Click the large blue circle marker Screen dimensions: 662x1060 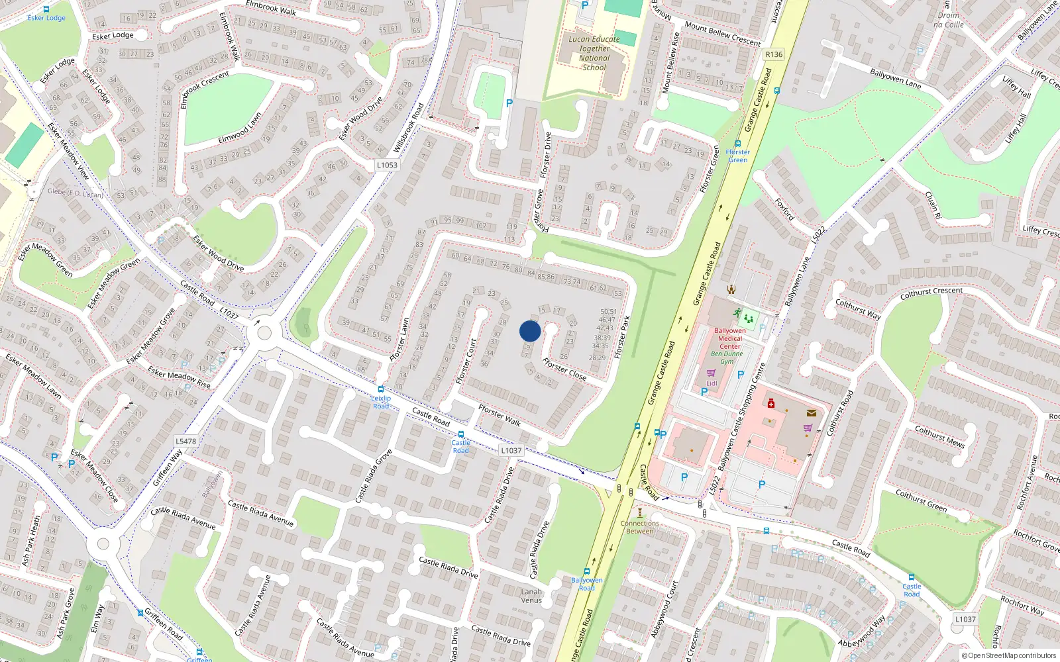tap(530, 331)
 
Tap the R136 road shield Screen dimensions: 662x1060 tap(773, 54)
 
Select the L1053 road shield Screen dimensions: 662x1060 tap(387, 165)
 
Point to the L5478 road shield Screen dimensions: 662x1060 tap(185, 441)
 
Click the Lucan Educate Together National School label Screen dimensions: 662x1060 tap(594, 53)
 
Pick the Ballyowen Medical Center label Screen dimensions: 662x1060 tap(729, 338)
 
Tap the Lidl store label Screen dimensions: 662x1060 tap(712, 383)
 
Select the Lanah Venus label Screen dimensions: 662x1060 tap(531, 596)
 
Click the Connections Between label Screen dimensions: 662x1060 tap(639, 527)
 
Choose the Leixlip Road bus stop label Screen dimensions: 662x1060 tap(381, 402)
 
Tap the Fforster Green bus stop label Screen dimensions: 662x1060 tap(737, 156)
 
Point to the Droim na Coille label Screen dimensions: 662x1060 tap(948, 20)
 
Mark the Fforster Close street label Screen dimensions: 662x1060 tap(564, 369)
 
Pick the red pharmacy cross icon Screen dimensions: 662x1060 tap(771, 402)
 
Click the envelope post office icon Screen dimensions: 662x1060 tap(812, 412)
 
